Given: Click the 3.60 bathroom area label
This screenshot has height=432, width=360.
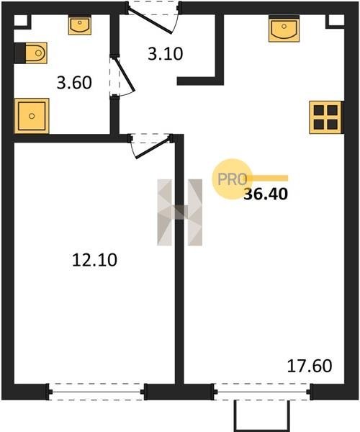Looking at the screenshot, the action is [x=74, y=83].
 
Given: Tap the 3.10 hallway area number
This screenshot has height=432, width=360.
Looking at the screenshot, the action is [x=166, y=54].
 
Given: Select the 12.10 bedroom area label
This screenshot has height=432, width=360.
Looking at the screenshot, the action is [x=94, y=260].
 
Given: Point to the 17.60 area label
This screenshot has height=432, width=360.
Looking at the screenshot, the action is [x=310, y=366].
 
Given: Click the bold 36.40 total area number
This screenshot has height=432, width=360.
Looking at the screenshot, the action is [x=266, y=194].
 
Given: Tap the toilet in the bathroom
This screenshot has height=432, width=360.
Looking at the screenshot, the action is [x=30, y=53].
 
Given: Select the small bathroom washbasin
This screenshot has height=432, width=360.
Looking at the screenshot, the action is [x=80, y=26].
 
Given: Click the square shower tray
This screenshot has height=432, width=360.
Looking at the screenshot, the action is [x=32, y=116].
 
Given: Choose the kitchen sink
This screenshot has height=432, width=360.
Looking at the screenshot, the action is [x=284, y=29].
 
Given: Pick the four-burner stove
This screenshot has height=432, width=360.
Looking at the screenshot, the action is [x=326, y=117].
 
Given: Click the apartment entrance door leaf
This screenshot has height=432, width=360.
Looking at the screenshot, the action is [x=150, y=21].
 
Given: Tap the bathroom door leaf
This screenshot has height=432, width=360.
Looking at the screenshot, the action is [x=124, y=74].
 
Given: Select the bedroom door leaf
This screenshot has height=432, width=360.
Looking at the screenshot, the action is [x=153, y=148].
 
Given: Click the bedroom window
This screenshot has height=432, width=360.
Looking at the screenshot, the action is [x=96, y=392].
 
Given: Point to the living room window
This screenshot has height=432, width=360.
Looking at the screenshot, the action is [x=262, y=392].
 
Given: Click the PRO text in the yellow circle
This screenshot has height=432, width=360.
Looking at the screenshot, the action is [x=232, y=179].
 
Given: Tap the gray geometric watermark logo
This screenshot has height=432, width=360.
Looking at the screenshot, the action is [x=179, y=212].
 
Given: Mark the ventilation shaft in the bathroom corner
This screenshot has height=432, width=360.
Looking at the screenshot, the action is [x=21, y=21].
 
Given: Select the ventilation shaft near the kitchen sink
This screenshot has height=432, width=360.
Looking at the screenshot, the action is [x=335, y=21].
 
